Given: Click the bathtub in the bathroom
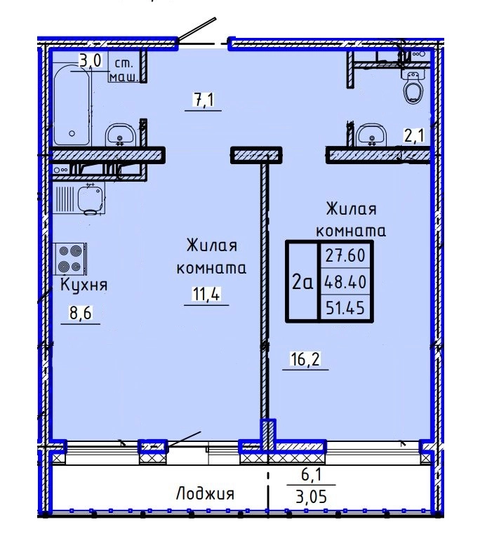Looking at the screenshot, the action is [x=72, y=105].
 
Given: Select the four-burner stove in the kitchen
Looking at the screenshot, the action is [x=70, y=259].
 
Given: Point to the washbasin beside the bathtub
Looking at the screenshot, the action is [x=120, y=135].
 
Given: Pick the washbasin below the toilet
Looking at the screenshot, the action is [x=371, y=135].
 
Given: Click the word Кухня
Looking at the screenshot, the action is [x=84, y=286].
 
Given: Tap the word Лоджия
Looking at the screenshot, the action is [x=205, y=494].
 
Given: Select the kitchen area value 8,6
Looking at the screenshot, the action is [x=80, y=314].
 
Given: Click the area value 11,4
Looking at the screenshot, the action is [x=206, y=295].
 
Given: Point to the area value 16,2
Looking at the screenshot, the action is [x=305, y=359].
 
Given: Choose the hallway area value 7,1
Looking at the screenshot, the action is [x=204, y=100].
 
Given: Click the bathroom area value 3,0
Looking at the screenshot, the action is [x=91, y=61].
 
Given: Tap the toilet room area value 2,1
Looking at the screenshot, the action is [x=414, y=136].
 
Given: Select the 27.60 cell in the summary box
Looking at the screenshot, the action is [x=345, y=255].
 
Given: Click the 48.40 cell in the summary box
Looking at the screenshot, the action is [x=345, y=282].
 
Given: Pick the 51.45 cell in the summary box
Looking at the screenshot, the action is [x=345, y=307].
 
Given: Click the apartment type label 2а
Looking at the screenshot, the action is [x=302, y=282].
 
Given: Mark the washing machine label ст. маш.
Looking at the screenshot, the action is [x=124, y=71].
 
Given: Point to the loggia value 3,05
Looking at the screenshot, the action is [x=311, y=497].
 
